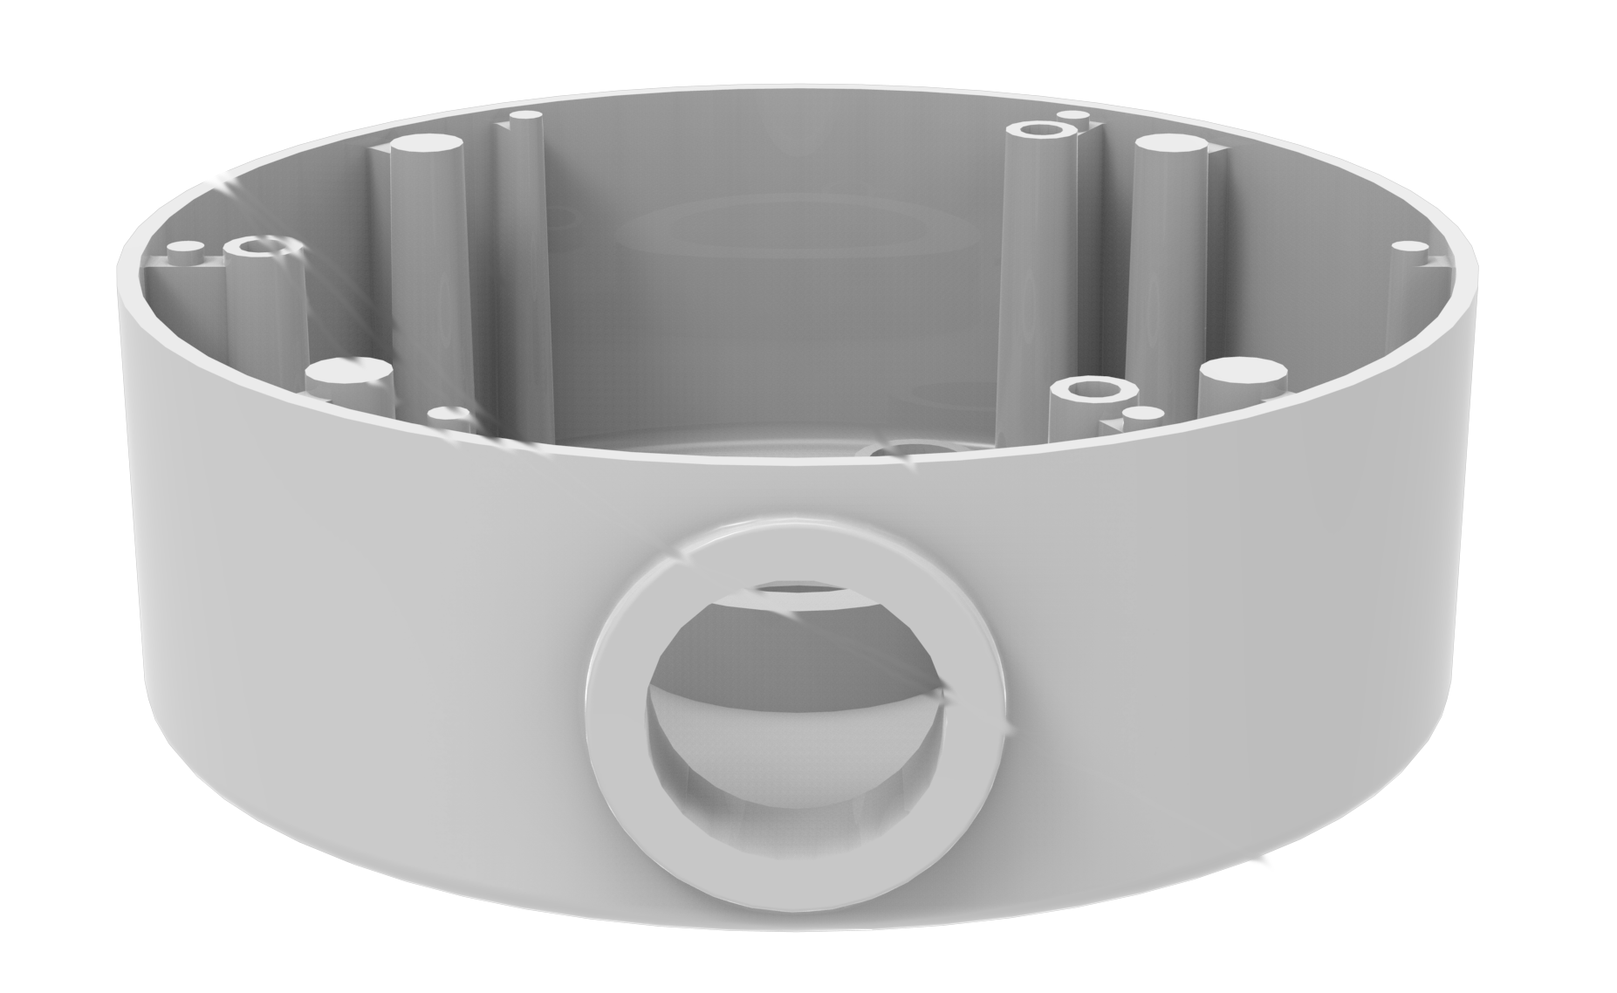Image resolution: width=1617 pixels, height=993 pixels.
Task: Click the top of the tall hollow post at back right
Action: pos(1038,131)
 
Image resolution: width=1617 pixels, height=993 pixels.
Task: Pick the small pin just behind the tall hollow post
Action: pos(1070,115)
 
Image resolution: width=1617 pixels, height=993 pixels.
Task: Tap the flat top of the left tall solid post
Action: pos(425,144)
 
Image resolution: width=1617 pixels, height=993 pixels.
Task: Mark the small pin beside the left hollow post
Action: pos(184,249)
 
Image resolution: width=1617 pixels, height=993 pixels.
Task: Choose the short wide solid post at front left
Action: pos(347,373)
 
